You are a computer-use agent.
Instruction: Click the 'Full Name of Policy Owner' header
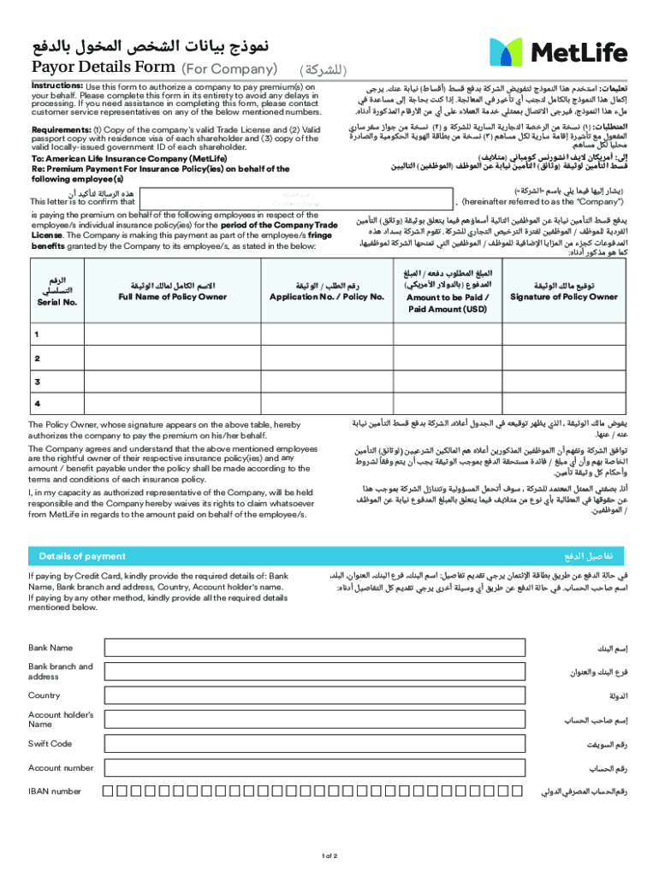172,296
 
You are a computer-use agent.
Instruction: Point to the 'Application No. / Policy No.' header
327,296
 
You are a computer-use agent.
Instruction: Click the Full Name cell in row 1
172,334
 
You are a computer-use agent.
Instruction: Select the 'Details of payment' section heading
82,556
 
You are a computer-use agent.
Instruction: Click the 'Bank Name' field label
50,648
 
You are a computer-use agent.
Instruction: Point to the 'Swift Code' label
50,743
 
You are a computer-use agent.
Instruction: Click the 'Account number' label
61,767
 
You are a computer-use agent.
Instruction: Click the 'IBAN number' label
55,791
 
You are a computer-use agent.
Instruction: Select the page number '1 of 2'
329,856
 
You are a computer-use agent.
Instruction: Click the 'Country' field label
45,695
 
